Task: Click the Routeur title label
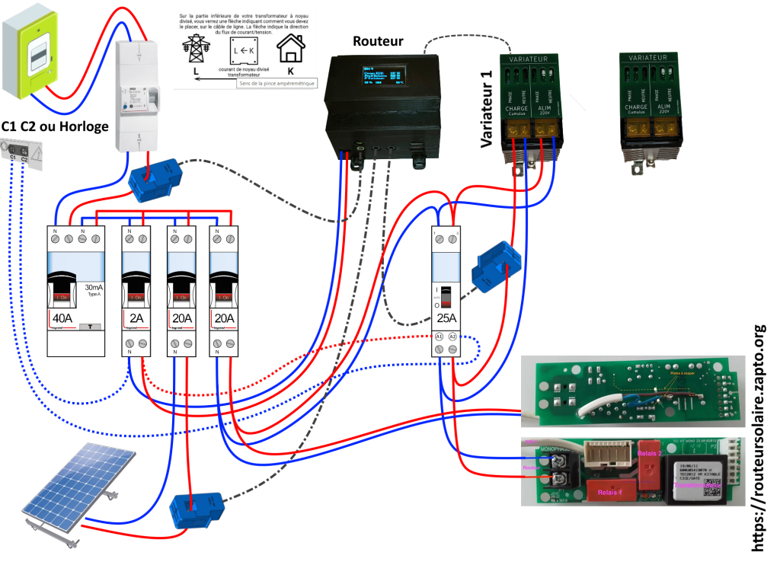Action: (x=378, y=41)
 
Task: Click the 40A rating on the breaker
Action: (x=62, y=318)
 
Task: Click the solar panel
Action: (x=76, y=482)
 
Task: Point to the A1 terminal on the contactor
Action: (x=440, y=336)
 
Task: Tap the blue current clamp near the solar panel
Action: (x=196, y=509)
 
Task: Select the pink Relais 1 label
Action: (x=609, y=493)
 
